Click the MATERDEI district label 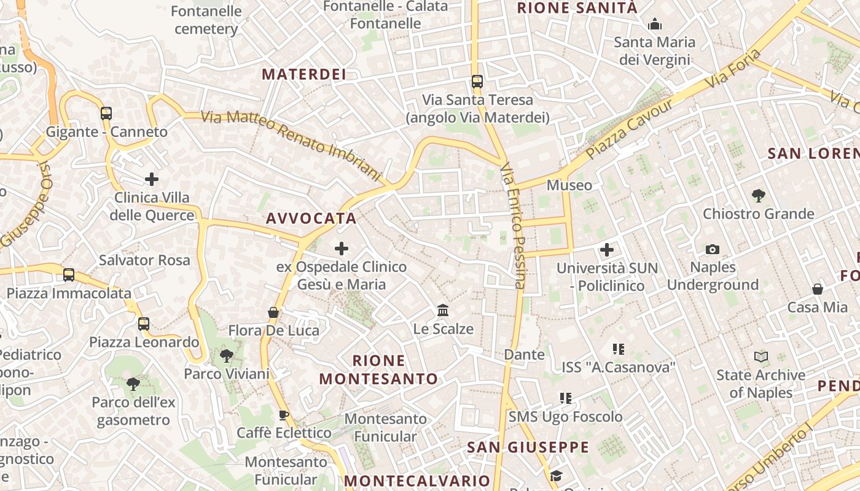click(x=304, y=74)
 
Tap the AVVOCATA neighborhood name click(x=311, y=218)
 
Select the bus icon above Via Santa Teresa click(x=477, y=81)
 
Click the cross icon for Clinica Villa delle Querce click(x=152, y=179)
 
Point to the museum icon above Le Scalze click(x=443, y=311)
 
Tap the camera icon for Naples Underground click(x=713, y=249)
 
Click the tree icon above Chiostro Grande click(x=759, y=196)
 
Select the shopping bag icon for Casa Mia click(x=818, y=289)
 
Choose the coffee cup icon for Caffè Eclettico click(x=284, y=415)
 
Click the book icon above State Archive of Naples click(x=761, y=357)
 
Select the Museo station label click(x=569, y=185)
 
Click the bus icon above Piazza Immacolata click(x=69, y=275)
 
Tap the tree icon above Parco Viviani click(x=227, y=355)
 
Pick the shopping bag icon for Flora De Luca click(x=273, y=312)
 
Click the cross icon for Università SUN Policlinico click(x=607, y=250)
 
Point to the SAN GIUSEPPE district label click(x=528, y=447)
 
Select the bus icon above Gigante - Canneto click(x=106, y=113)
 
